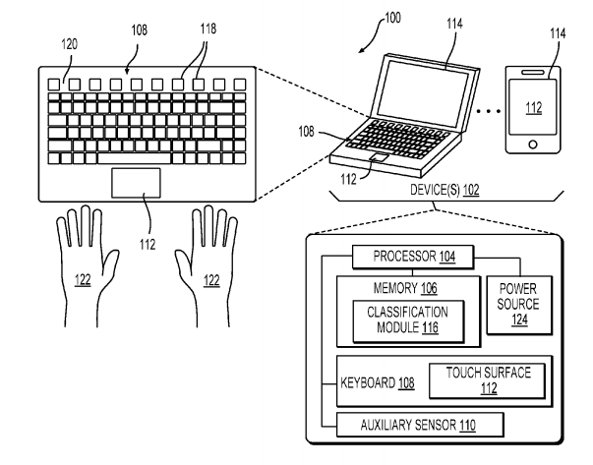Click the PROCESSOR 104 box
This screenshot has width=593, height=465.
coord(413,257)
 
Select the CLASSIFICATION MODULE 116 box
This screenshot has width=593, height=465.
coord(408,321)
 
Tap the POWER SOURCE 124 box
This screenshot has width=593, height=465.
coord(519,305)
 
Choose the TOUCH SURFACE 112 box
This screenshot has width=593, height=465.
coord(487,380)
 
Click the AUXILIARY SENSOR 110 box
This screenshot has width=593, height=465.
coord(420,425)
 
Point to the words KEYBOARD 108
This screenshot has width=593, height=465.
coord(377,383)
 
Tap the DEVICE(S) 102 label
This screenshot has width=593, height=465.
coord(445,190)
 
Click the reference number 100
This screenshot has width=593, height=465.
coord(392,18)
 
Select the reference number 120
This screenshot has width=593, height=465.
coord(69,44)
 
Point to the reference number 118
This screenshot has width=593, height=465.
coord(208,29)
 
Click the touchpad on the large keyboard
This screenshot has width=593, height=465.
coord(136,183)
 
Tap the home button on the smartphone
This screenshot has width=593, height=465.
coord(533,145)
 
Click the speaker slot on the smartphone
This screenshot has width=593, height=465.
coord(532,72)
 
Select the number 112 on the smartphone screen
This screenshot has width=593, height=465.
coord(534,108)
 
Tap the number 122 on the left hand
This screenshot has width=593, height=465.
coord(83,280)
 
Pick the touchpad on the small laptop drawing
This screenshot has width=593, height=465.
coord(380,157)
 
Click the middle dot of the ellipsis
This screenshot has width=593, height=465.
coord(489,111)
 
